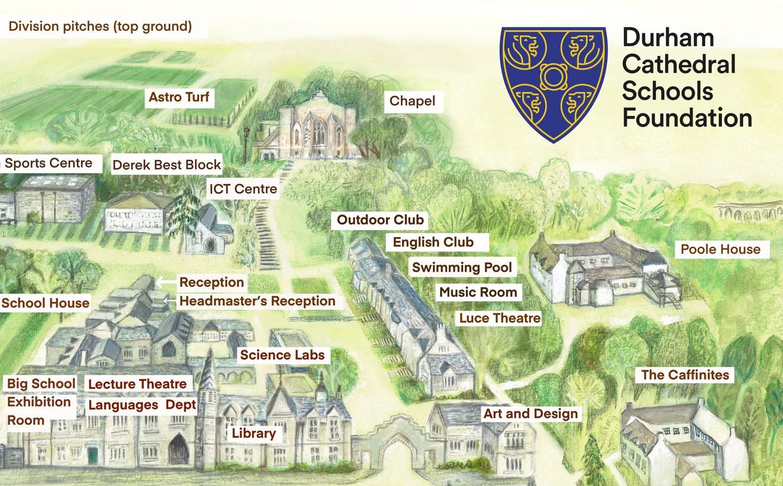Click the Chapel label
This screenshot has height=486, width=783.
click(x=412, y=102)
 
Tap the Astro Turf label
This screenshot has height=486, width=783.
click(x=179, y=97)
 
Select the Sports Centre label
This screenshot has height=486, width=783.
click(x=49, y=163)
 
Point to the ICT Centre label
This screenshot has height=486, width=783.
click(x=243, y=189)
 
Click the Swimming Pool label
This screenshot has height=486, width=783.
click(x=461, y=267)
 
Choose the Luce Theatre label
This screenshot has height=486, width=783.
click(x=499, y=318)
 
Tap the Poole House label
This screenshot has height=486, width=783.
click(x=720, y=249)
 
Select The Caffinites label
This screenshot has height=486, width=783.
click(x=685, y=375)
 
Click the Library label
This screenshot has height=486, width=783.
click(x=254, y=434)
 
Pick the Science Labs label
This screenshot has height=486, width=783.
click(x=282, y=355)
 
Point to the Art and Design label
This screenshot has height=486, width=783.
click(x=530, y=414)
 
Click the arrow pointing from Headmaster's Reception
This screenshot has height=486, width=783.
click(x=169, y=301)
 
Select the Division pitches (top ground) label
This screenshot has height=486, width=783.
click(x=100, y=27)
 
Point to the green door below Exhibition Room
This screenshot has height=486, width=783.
click(x=92, y=455)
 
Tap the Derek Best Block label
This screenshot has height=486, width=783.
click(x=166, y=165)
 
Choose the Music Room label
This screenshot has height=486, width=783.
click(x=478, y=292)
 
